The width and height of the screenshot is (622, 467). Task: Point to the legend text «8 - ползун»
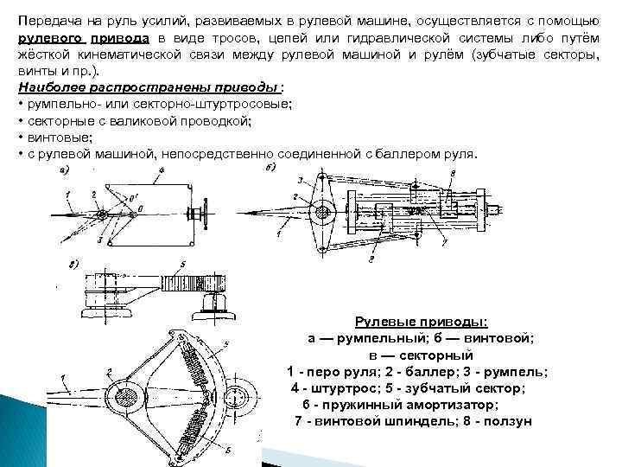click(x=495, y=421)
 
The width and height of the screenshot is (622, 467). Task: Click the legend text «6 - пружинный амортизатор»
click(x=400, y=405)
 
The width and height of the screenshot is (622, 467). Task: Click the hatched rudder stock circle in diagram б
click(x=325, y=211)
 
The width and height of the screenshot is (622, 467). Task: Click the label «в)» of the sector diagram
click(x=75, y=262)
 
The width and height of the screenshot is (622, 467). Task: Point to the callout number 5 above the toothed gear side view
click(x=183, y=263)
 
